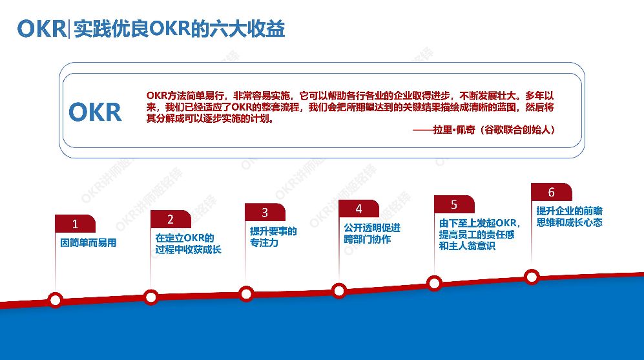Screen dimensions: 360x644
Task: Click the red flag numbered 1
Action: point(75,224)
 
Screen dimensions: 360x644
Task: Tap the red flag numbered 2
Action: point(171,219)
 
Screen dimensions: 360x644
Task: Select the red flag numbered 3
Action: point(265,212)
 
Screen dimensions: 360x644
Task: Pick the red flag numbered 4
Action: point(359,208)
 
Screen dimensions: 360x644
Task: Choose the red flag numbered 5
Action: point(454,204)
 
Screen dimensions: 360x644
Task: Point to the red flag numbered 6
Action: point(551,192)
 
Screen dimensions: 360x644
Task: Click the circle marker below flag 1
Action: point(56,299)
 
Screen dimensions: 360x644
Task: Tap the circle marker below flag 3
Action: point(246,294)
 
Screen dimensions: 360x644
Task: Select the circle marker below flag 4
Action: point(340,291)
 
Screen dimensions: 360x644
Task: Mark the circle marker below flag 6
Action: point(532,277)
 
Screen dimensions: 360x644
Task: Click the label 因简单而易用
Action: point(88,244)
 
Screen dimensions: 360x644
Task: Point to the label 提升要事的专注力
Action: point(273,237)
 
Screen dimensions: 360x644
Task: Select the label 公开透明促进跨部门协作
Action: point(372,233)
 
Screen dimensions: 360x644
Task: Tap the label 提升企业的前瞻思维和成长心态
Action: point(569,217)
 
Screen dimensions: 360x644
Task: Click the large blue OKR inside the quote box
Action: point(95,112)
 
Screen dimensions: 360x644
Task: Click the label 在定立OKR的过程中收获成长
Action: point(188,243)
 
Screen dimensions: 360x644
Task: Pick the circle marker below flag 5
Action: point(435,283)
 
